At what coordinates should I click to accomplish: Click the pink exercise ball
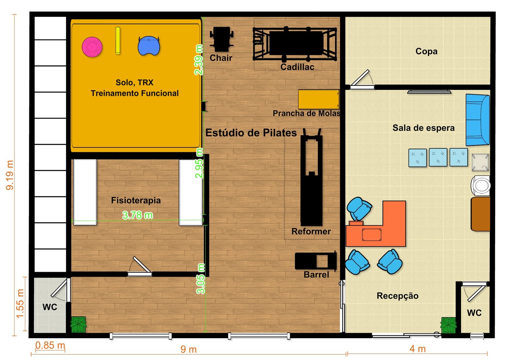(92, 47)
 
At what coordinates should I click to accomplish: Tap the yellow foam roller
(118, 41)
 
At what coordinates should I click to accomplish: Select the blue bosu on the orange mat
(149, 46)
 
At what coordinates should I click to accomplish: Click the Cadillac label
(297, 67)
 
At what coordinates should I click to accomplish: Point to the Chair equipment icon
(221, 39)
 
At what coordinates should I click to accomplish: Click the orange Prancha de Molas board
(319, 99)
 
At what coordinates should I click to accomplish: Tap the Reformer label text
(311, 232)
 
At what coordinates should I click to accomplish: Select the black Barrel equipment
(316, 261)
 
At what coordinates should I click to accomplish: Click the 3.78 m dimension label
(137, 215)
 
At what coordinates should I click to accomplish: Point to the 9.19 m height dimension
(10, 175)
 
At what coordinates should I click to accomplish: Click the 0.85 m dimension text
(50, 345)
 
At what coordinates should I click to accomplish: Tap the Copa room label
(426, 51)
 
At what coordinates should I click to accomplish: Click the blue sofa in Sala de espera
(478, 120)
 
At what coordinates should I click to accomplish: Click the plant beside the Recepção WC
(448, 325)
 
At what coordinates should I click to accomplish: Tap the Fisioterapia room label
(136, 201)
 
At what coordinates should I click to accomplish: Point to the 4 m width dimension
(417, 349)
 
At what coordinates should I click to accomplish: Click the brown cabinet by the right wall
(480, 214)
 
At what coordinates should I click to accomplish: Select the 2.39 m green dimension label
(199, 60)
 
